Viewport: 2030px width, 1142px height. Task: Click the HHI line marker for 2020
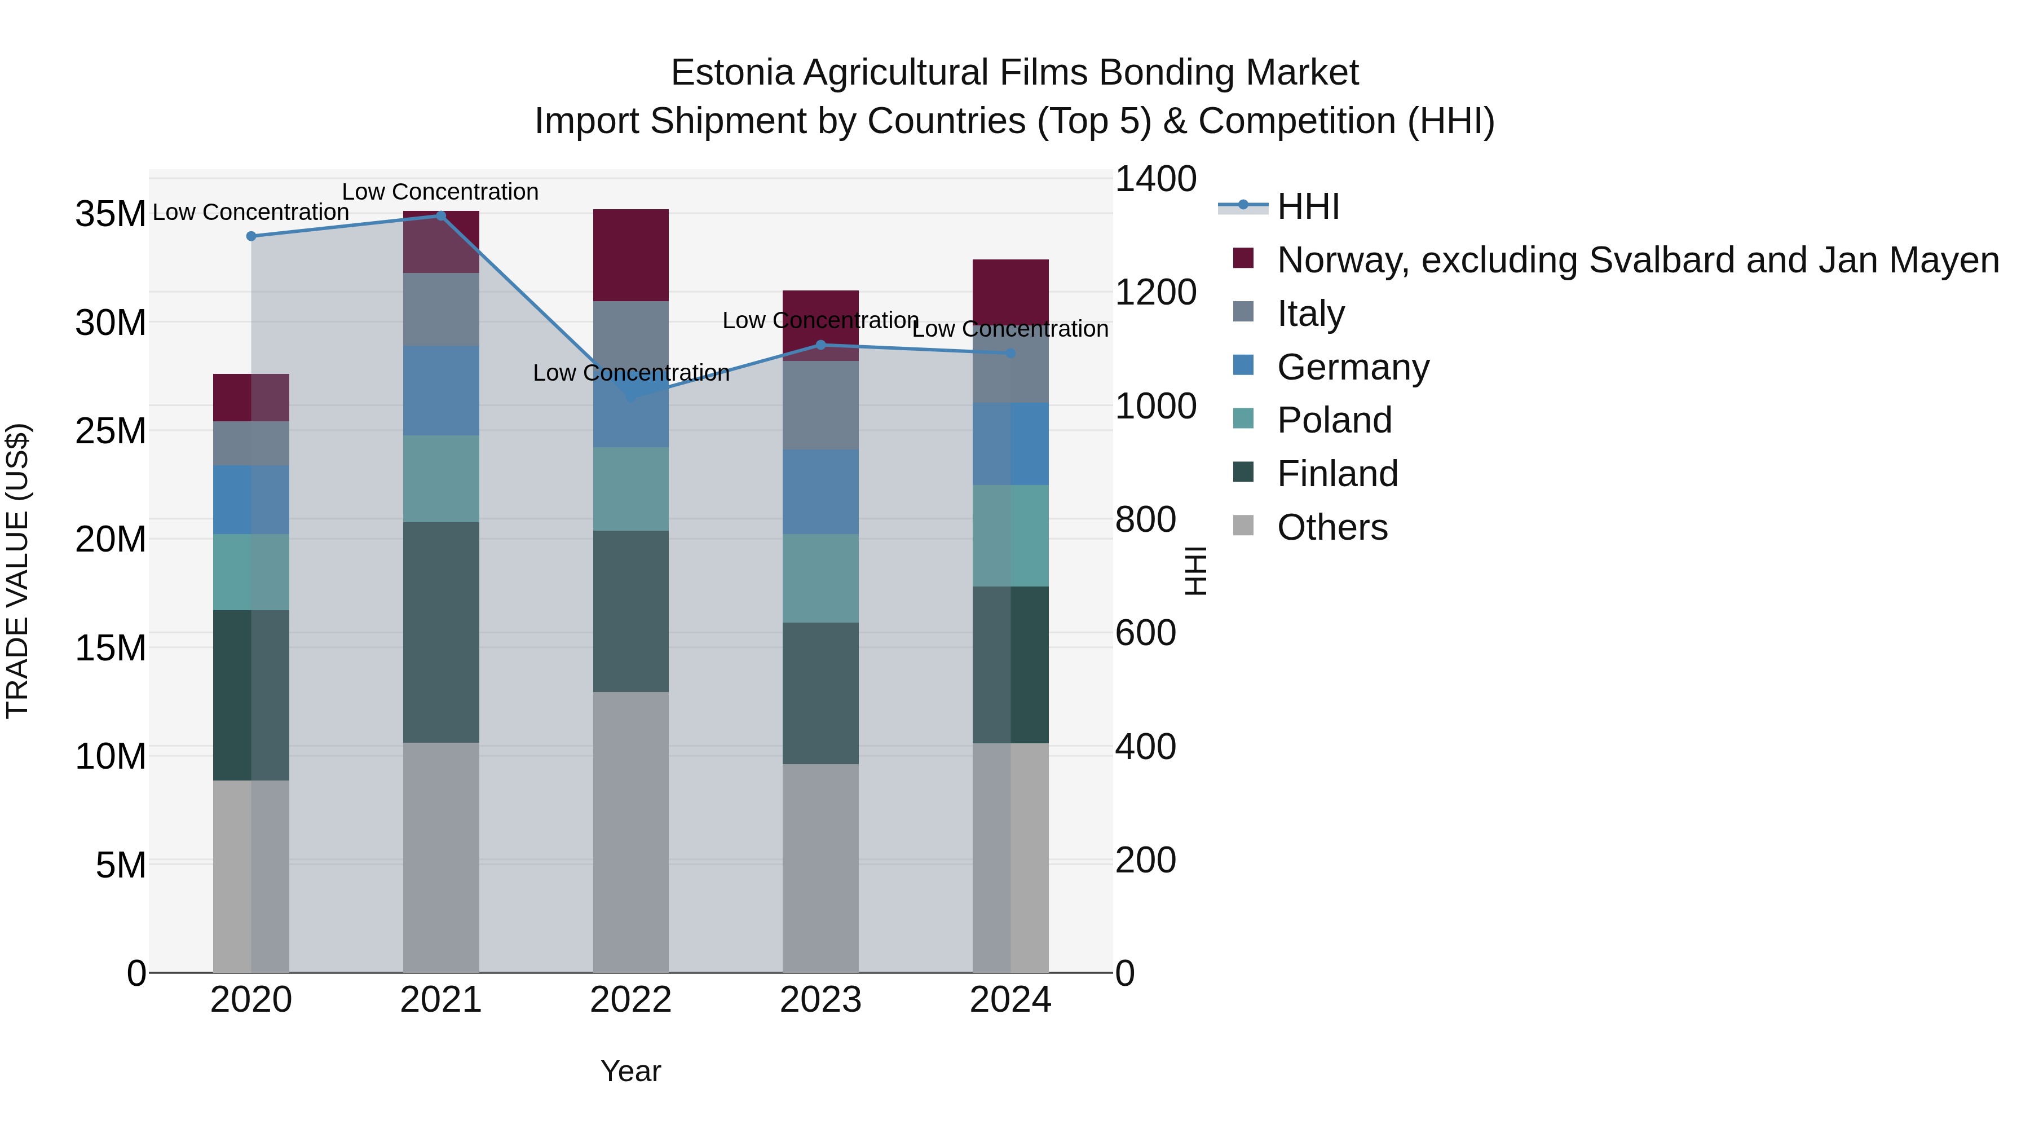(251, 236)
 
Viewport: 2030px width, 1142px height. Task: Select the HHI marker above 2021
(442, 216)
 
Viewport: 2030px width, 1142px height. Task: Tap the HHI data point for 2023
(820, 345)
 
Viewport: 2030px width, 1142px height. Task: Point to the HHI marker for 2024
(1011, 353)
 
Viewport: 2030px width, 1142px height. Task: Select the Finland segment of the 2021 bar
(442, 632)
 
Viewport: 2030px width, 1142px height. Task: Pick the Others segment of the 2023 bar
(820, 867)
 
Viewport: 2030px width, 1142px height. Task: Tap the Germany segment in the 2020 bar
(251, 500)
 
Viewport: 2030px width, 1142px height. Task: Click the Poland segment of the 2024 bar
(1011, 536)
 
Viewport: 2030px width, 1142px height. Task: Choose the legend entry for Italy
(1310, 314)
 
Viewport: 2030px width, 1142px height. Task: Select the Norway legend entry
(1638, 260)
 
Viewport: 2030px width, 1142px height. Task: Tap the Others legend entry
(1332, 527)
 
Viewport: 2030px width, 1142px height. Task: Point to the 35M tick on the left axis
(111, 214)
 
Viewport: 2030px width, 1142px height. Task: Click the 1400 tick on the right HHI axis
(1155, 179)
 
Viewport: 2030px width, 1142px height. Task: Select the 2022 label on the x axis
(630, 1000)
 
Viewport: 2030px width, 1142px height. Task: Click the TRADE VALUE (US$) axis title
(17, 571)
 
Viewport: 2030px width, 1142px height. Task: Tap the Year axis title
(630, 1071)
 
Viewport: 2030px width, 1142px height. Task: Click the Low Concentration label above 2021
(440, 192)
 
